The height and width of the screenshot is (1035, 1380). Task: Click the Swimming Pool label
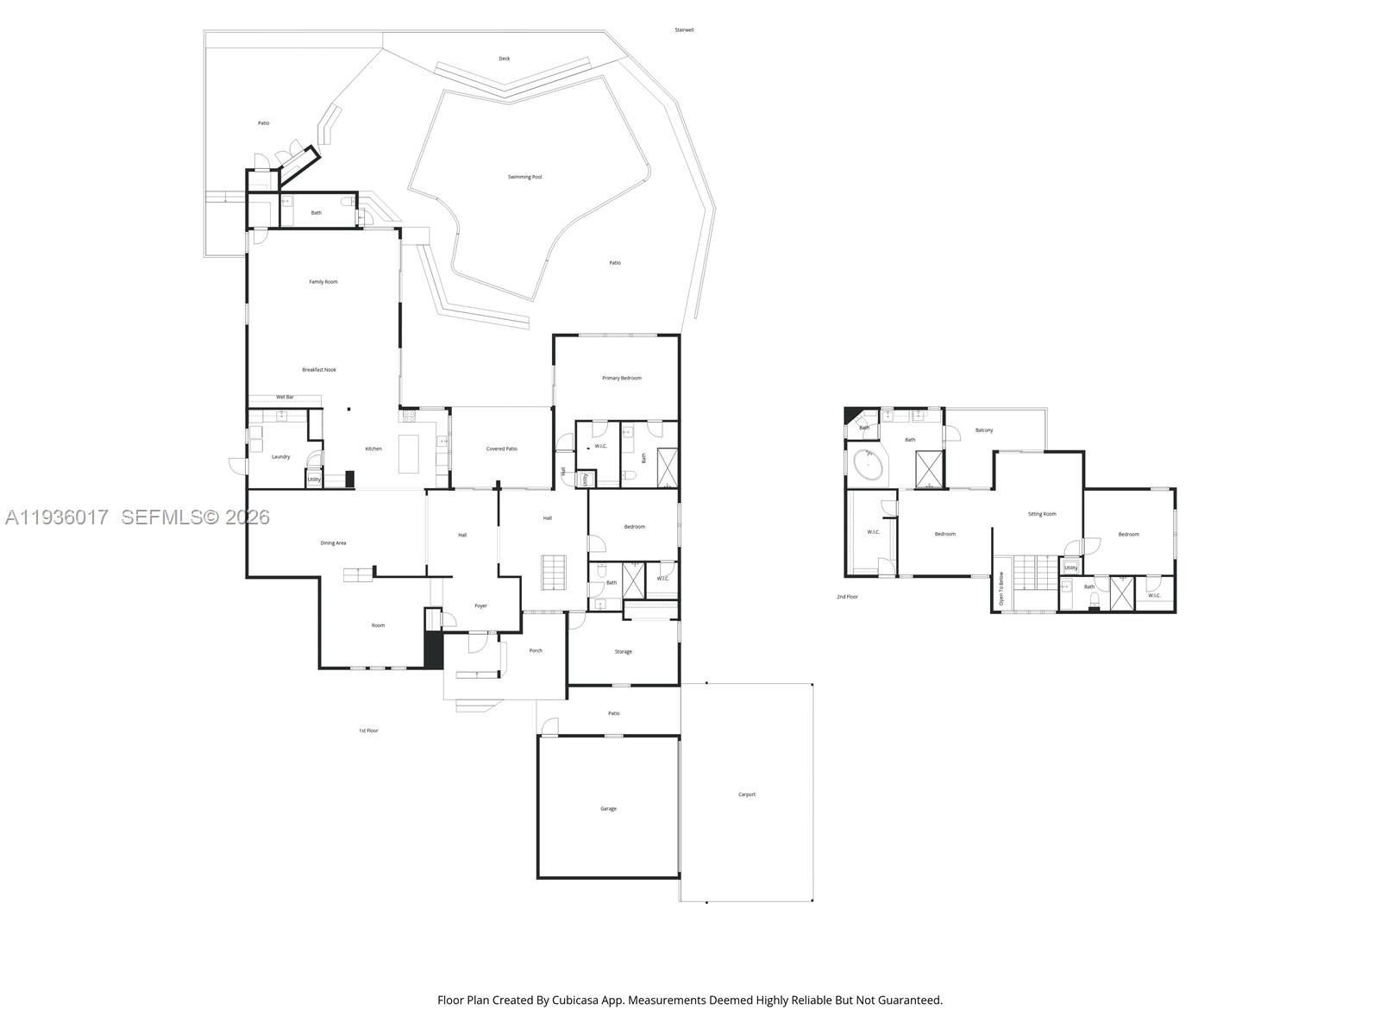tap(524, 177)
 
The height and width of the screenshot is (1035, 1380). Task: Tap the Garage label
tap(608, 809)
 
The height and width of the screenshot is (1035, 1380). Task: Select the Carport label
tap(747, 794)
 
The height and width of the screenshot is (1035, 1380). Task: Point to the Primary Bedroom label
tap(621, 378)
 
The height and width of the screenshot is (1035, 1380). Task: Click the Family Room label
tap(323, 282)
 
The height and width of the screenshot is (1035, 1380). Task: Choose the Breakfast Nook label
tap(319, 370)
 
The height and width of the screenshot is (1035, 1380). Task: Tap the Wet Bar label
tap(285, 397)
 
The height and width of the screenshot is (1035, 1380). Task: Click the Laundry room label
tap(280, 456)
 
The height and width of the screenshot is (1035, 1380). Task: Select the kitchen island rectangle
tap(408, 454)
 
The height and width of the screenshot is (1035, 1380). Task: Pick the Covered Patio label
tap(501, 448)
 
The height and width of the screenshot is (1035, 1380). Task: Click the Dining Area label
tap(333, 543)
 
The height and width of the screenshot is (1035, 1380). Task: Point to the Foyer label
tap(480, 605)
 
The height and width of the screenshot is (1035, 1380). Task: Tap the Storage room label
tap(623, 652)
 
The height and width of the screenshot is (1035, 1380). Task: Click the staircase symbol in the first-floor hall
tap(553, 573)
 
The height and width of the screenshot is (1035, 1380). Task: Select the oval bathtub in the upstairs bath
tap(868, 467)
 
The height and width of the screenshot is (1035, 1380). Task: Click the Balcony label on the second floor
tap(984, 430)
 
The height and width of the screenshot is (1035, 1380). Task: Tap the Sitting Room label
tap(1042, 514)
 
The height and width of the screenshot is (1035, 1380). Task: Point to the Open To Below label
tap(1001, 590)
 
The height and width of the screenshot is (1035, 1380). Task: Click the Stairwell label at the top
tap(684, 30)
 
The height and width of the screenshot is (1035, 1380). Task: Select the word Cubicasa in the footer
tap(586, 1000)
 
